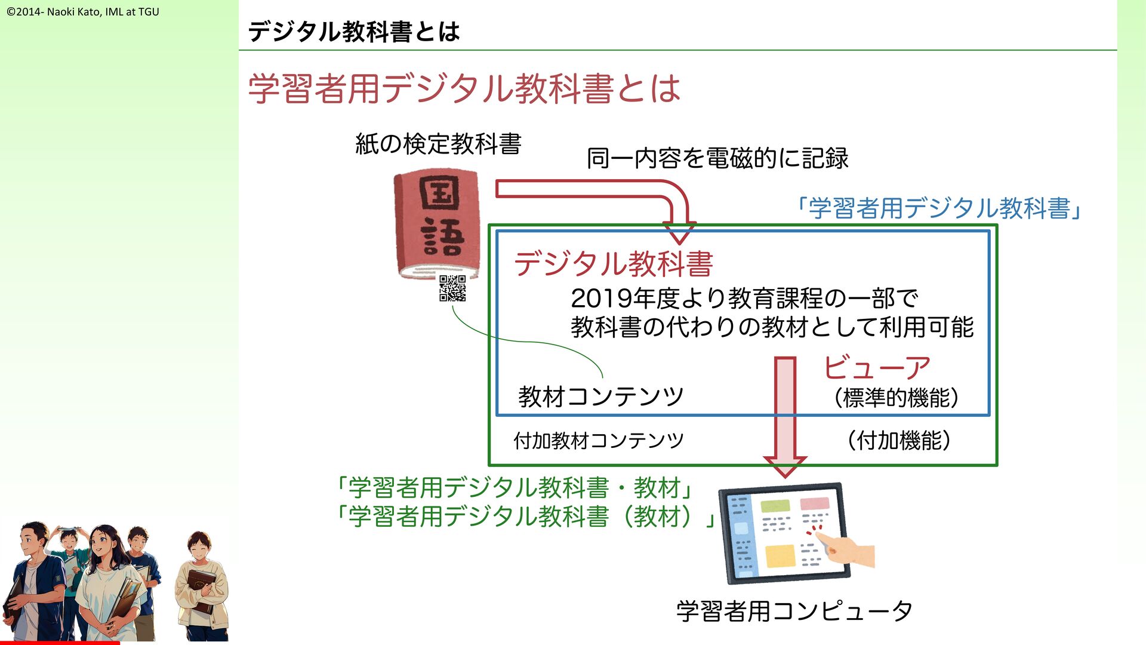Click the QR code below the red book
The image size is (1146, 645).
[x=452, y=288]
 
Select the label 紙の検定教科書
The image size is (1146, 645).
[x=438, y=144]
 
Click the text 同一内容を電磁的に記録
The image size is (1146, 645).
[x=717, y=158]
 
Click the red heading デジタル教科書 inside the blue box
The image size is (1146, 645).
[x=613, y=263]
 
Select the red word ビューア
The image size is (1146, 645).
[x=876, y=367]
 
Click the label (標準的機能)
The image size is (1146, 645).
[x=896, y=398]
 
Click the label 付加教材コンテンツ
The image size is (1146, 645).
[x=598, y=441]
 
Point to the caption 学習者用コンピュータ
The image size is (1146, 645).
[x=794, y=611]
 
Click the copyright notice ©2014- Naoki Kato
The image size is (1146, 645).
[x=83, y=11]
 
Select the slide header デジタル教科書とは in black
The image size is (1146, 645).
[x=353, y=32]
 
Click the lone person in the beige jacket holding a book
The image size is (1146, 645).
[x=202, y=585]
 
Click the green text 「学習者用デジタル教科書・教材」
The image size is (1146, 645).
[x=513, y=487]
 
